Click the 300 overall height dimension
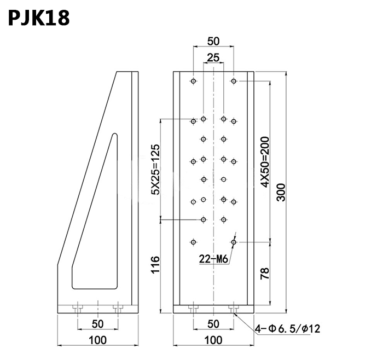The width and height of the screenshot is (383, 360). click(x=281, y=192)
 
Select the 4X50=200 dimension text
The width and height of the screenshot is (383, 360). click(x=264, y=163)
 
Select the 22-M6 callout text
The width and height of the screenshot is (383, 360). click(x=213, y=260)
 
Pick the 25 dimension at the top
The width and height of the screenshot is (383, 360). click(x=213, y=57)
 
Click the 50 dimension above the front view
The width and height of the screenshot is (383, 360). click(x=213, y=41)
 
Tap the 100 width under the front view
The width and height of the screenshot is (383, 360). click(x=213, y=340)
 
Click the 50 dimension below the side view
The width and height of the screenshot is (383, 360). click(x=97, y=324)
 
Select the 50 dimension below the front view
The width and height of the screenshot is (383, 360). click(x=213, y=324)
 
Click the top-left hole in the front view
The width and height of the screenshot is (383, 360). click(x=193, y=82)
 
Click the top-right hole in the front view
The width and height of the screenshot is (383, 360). click(x=234, y=82)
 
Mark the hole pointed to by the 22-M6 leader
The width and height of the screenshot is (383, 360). click(x=234, y=241)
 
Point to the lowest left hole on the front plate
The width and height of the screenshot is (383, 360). click(x=193, y=241)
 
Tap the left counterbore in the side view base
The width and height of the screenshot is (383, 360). click(x=79, y=309)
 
